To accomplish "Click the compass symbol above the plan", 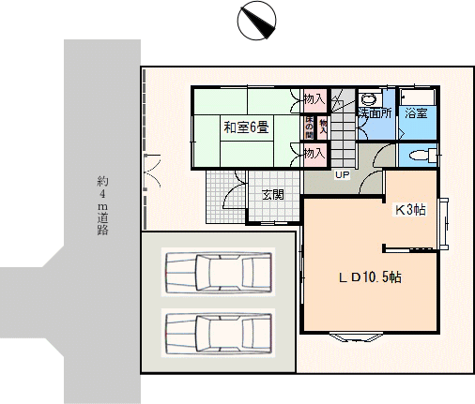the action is (256, 21).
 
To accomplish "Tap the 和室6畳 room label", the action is (246, 127).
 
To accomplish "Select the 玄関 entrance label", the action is (273, 195).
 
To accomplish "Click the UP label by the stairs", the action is (342, 175).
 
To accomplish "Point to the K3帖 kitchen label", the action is (410, 210).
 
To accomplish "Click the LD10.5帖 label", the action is (371, 277).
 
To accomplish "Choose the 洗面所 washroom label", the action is (375, 112).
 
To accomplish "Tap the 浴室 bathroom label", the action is (416, 112).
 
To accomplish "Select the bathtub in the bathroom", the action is (419, 97).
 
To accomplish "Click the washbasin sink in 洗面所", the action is (370, 99).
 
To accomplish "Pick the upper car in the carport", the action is (219, 272).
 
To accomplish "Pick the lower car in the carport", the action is (219, 333).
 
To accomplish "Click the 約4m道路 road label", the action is (102, 206).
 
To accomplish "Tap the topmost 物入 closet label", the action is (314, 99).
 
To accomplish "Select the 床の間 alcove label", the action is (309, 127).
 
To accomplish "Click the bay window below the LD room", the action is (357, 337).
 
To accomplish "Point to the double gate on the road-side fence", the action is (152, 172).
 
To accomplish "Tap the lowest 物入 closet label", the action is (314, 154).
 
